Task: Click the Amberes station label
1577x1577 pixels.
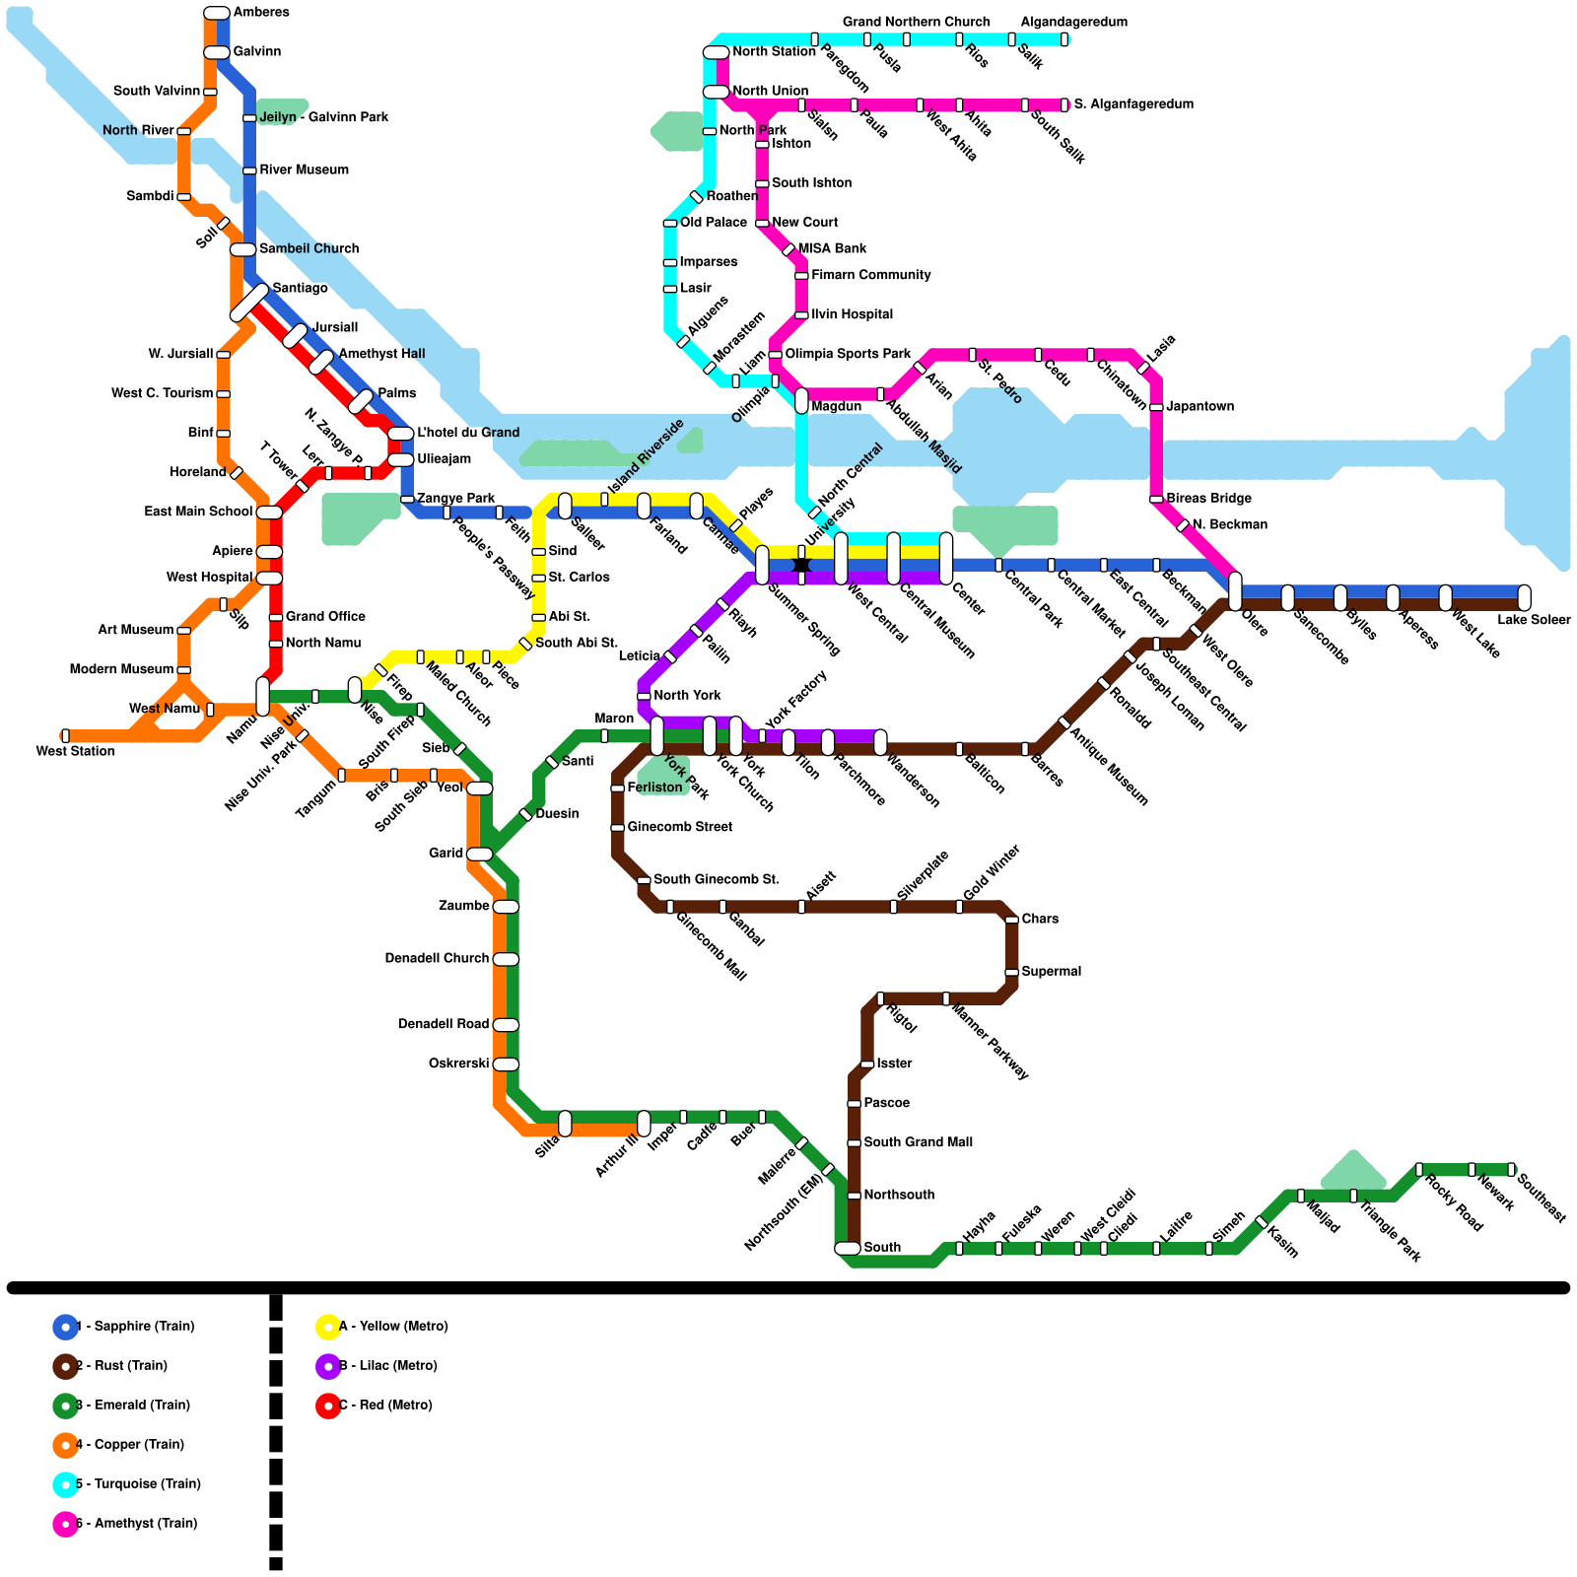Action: tap(261, 13)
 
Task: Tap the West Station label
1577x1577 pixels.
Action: tap(76, 752)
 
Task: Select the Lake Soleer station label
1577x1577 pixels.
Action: tap(1534, 620)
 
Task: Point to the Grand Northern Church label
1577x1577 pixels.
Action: tap(916, 22)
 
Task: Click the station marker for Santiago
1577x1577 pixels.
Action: tap(249, 303)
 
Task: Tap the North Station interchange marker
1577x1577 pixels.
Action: tap(717, 52)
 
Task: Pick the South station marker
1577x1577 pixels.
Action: tap(848, 1248)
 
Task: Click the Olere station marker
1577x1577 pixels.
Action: tap(1235, 591)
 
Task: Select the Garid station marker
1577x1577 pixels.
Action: tap(479, 854)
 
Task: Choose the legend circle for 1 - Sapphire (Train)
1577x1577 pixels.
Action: tap(65, 1327)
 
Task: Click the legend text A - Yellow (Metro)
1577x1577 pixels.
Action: tap(393, 1327)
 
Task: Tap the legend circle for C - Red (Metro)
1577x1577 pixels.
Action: tap(328, 1406)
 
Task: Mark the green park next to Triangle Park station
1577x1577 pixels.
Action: tap(1353, 1170)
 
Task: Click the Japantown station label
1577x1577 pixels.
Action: tap(1200, 406)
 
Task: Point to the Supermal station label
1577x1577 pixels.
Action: tap(1051, 972)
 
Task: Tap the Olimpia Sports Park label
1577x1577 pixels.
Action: tap(848, 354)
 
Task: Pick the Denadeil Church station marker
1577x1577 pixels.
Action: tap(506, 959)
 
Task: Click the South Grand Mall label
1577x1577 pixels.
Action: tap(918, 1142)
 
